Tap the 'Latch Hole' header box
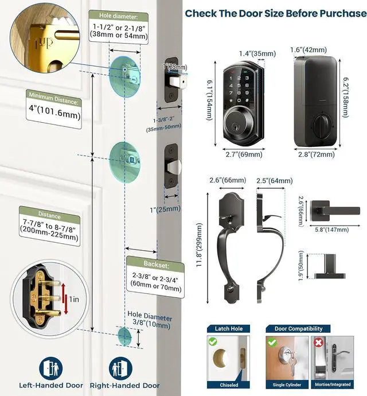point(228,329)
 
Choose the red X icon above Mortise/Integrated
point(318,343)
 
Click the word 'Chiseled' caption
point(228,385)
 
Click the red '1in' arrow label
point(72,298)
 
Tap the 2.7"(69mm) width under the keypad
point(243,154)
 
